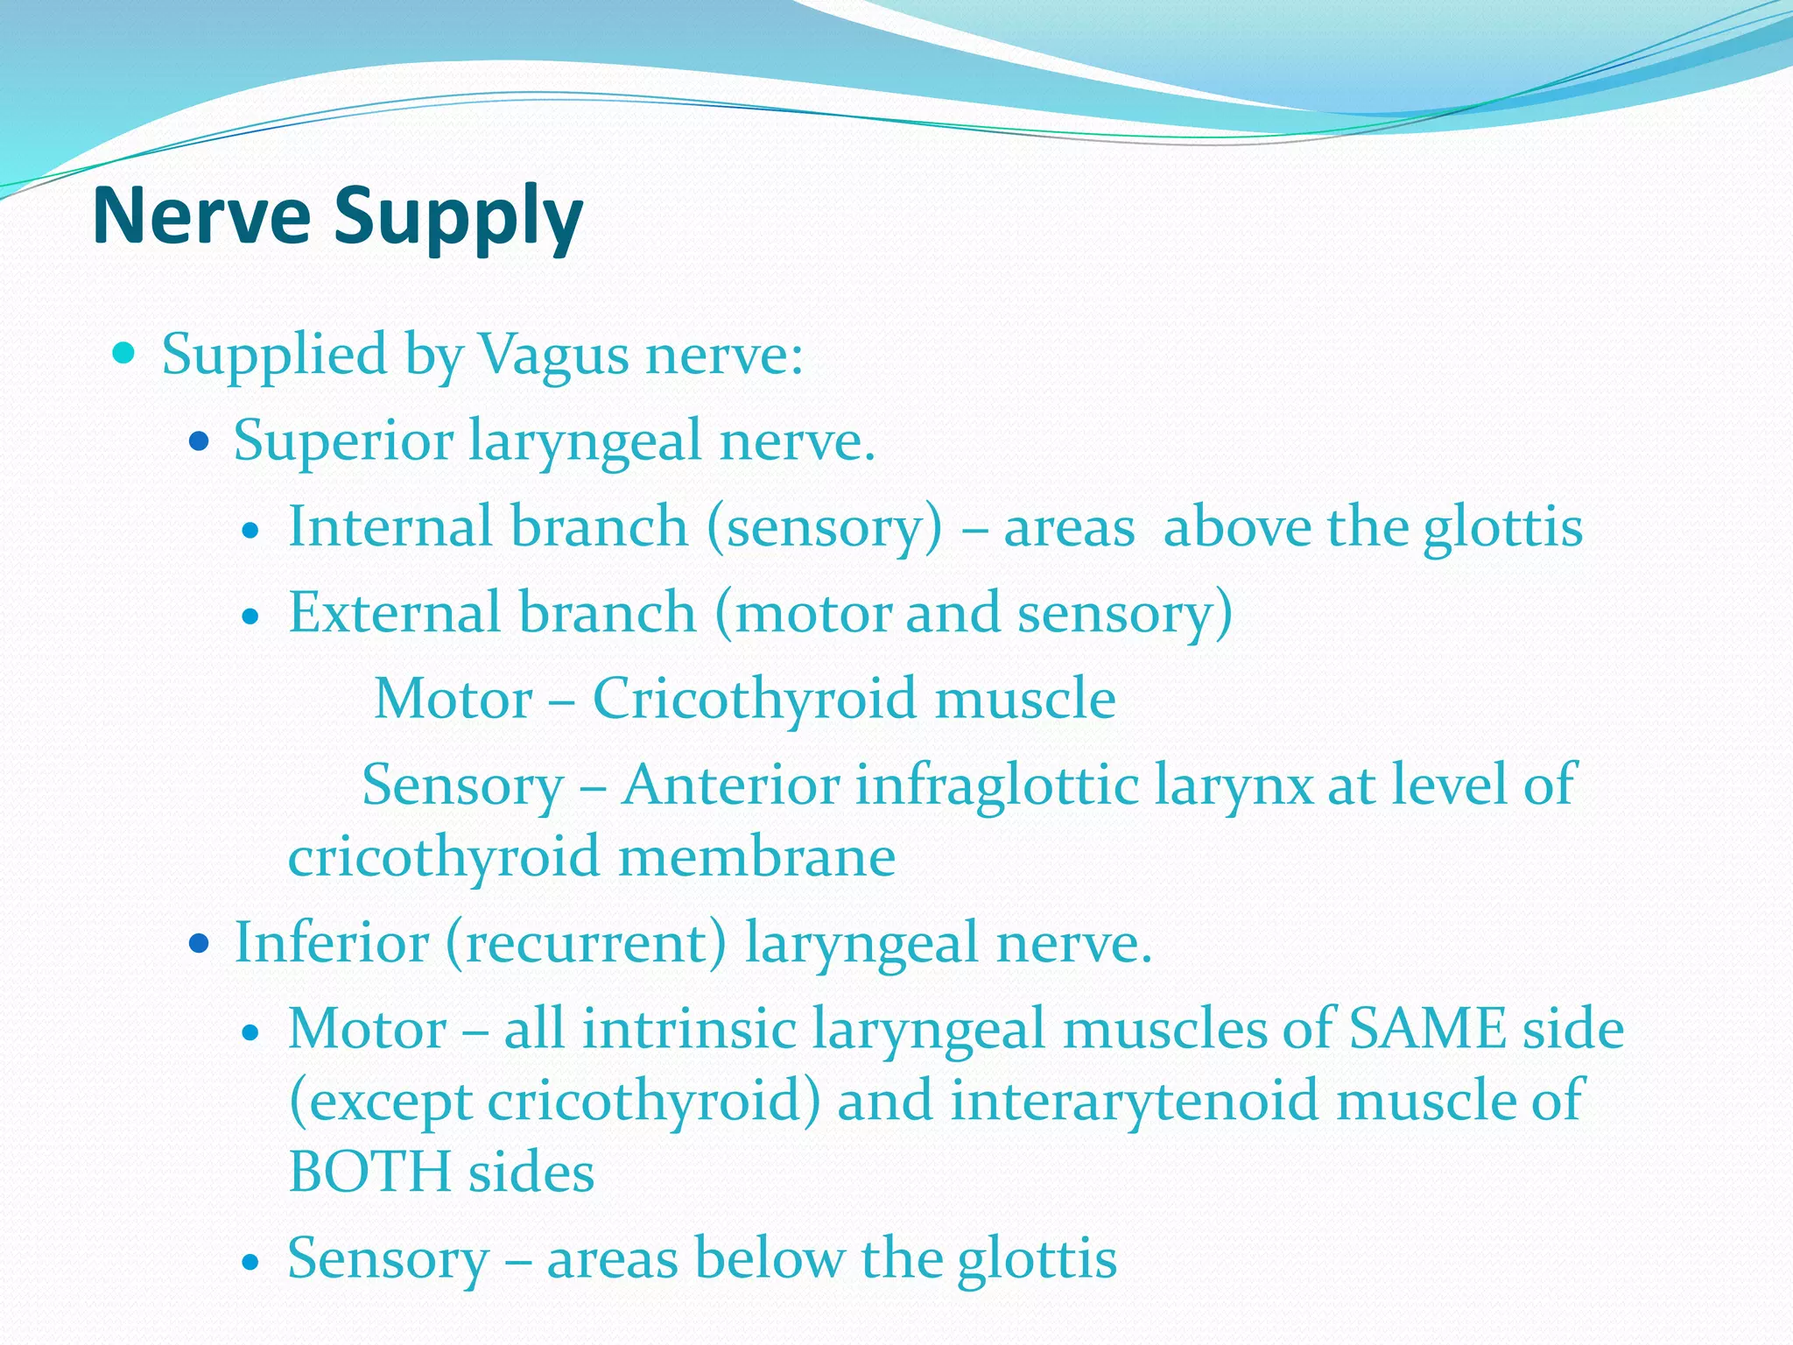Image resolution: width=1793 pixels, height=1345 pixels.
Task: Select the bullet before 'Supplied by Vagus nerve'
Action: [125, 354]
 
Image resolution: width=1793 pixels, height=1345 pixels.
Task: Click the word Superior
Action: [343, 440]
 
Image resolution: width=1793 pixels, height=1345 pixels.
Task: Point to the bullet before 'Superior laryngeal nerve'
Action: [200, 441]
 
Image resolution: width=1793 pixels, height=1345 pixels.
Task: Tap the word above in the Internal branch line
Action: [1237, 528]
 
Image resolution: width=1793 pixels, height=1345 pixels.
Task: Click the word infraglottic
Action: [996, 784]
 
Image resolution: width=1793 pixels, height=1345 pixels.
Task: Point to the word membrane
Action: [757, 856]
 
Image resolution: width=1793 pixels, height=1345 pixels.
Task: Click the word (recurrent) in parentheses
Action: [586, 943]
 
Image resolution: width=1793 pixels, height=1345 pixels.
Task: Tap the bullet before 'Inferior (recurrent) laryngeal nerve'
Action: [200, 944]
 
